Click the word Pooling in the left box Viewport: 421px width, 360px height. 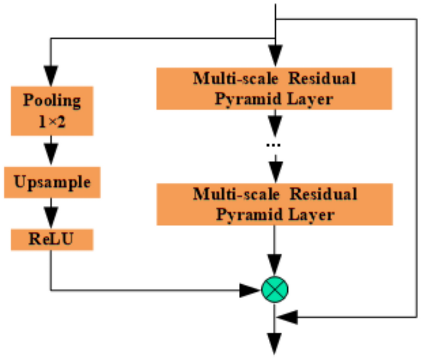52,100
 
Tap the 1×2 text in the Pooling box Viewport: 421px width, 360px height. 52,122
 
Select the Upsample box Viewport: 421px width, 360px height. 52,182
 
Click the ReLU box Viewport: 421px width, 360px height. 52,239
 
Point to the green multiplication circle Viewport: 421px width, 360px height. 275,289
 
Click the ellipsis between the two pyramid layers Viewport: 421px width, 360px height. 274,145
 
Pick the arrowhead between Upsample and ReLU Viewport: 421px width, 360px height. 51,216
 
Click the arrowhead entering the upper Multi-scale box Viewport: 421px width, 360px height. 275,56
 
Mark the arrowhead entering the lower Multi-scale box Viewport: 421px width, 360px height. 275,173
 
